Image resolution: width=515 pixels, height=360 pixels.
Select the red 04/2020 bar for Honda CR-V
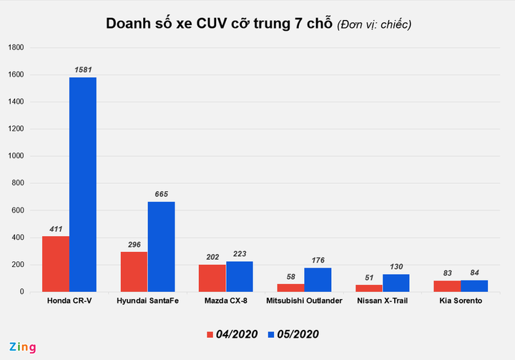56,264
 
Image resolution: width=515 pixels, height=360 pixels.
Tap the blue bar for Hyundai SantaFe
161,247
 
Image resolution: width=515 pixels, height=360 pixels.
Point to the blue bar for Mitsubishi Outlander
318,280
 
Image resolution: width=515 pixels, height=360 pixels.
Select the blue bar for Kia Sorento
474,286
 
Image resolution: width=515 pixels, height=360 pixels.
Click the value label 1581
83,70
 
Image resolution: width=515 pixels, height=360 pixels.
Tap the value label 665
162,195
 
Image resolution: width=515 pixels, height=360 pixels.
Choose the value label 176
318,261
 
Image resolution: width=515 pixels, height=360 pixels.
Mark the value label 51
370,278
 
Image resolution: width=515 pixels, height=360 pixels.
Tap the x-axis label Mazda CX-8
226,301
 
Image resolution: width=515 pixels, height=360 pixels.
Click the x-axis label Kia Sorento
460,301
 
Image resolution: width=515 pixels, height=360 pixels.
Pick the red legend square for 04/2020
210,334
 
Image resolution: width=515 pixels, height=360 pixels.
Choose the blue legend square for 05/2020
270,334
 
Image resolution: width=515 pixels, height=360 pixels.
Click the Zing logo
21,347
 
